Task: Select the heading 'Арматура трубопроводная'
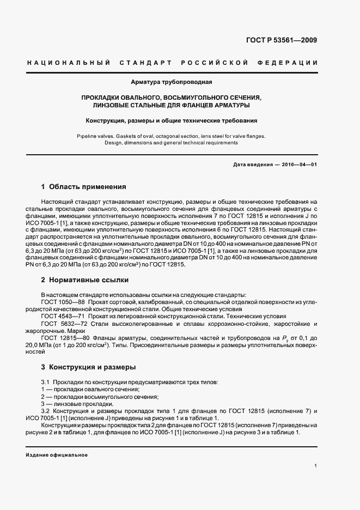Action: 171,82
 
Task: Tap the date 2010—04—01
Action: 298,164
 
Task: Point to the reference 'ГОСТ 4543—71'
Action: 61,316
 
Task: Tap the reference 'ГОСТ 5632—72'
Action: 61,323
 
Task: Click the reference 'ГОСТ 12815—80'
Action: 63,338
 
